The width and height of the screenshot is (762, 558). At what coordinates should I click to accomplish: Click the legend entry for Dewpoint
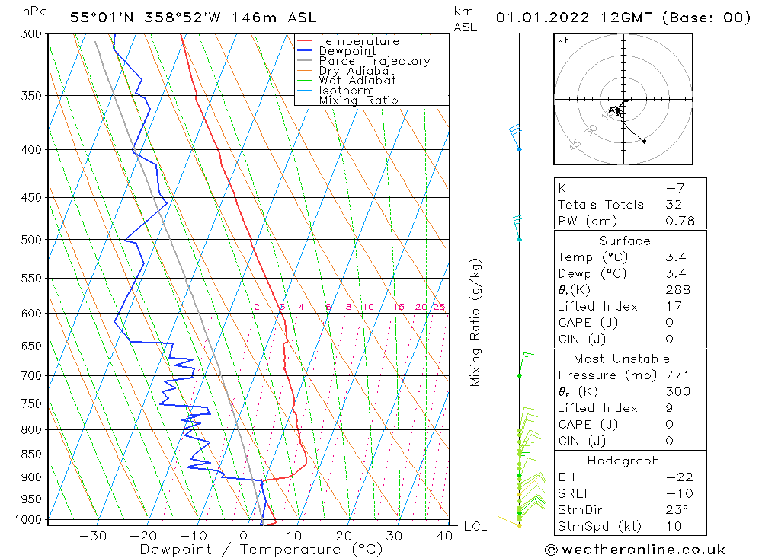pos(347,51)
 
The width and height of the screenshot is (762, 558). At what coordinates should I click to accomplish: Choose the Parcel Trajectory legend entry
pos(374,61)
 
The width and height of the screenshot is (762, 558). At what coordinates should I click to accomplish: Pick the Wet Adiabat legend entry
pos(357,81)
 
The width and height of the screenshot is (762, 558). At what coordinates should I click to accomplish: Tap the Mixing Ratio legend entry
pos(358,100)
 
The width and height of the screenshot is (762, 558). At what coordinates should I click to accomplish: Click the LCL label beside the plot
pos(475,526)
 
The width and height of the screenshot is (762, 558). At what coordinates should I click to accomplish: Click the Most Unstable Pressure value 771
pos(677,375)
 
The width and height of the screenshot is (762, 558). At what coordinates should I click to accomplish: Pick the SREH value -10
pos(678,493)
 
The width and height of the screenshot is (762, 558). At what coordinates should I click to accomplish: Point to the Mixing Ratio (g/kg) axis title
pos(475,322)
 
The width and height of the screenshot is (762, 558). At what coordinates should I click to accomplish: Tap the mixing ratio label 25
pos(439,307)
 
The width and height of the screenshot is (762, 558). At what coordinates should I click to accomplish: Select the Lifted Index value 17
pos(673,306)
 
